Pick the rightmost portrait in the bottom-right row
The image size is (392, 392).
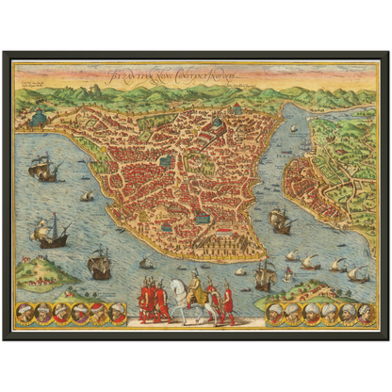tap(366, 312)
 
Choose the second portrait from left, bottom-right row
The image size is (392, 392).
tap(294, 312)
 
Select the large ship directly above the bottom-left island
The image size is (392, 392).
tap(52, 231)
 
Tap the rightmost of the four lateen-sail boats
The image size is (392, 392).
tap(358, 274)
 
